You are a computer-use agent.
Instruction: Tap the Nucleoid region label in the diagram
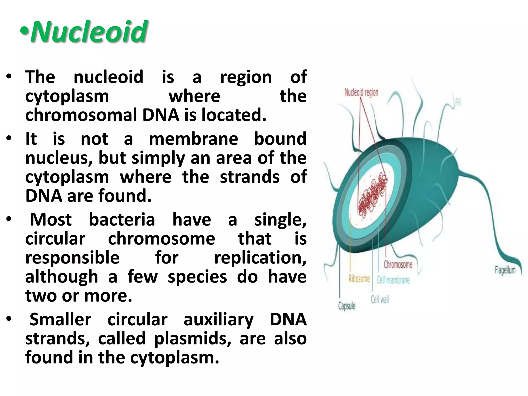click(x=361, y=92)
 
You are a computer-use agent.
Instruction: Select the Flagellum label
click(x=505, y=270)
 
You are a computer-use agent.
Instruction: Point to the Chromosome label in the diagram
click(x=398, y=264)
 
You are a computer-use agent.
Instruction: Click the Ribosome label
click(x=359, y=278)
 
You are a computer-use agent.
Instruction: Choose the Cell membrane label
click(x=393, y=280)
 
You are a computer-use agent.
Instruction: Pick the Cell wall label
click(x=380, y=299)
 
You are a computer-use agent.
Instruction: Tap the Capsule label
click(x=347, y=306)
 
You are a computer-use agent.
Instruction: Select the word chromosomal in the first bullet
click(x=81, y=115)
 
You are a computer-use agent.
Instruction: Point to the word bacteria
click(x=122, y=220)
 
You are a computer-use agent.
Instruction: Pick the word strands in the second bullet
click(x=250, y=177)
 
